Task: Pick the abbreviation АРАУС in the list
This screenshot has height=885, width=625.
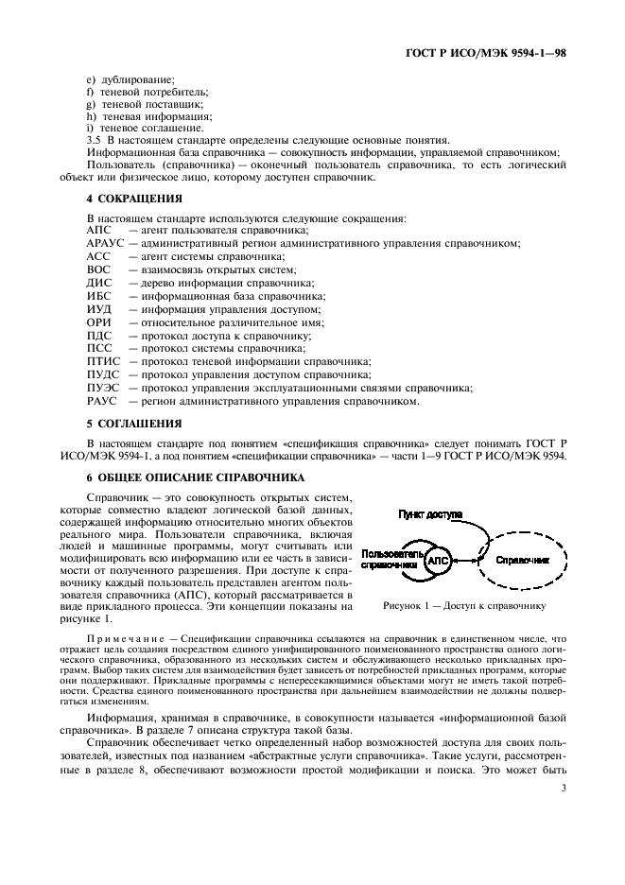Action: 104,243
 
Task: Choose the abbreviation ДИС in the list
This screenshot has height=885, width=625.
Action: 99,283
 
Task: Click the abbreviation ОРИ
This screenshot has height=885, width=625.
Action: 99,322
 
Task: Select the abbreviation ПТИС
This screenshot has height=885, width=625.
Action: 102,362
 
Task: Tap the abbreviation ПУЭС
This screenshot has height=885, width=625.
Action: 102,389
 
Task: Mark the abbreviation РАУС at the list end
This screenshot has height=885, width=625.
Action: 101,402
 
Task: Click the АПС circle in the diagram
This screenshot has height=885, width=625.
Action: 439,561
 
